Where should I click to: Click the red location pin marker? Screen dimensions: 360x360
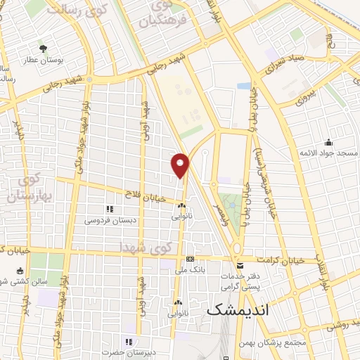click(x=181, y=165)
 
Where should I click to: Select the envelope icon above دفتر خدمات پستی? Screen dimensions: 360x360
click(x=240, y=265)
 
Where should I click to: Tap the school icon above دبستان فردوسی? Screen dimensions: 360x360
click(x=109, y=209)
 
